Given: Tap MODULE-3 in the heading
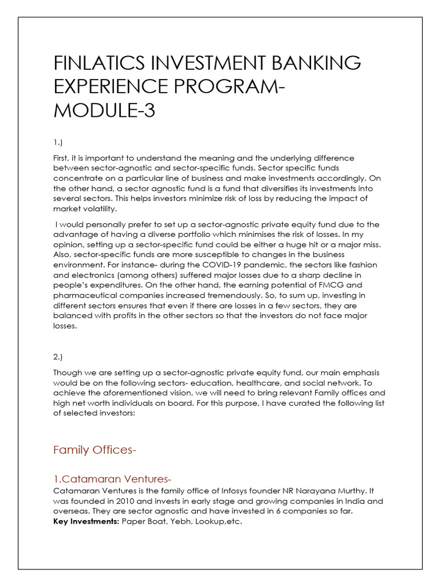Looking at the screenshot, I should tap(104, 110).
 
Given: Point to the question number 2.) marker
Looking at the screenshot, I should tap(58, 357).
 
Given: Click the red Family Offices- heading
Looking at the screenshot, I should tap(95, 450).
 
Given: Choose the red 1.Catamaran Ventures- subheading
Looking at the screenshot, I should tap(112, 479).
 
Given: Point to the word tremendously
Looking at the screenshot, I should tap(226, 295).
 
